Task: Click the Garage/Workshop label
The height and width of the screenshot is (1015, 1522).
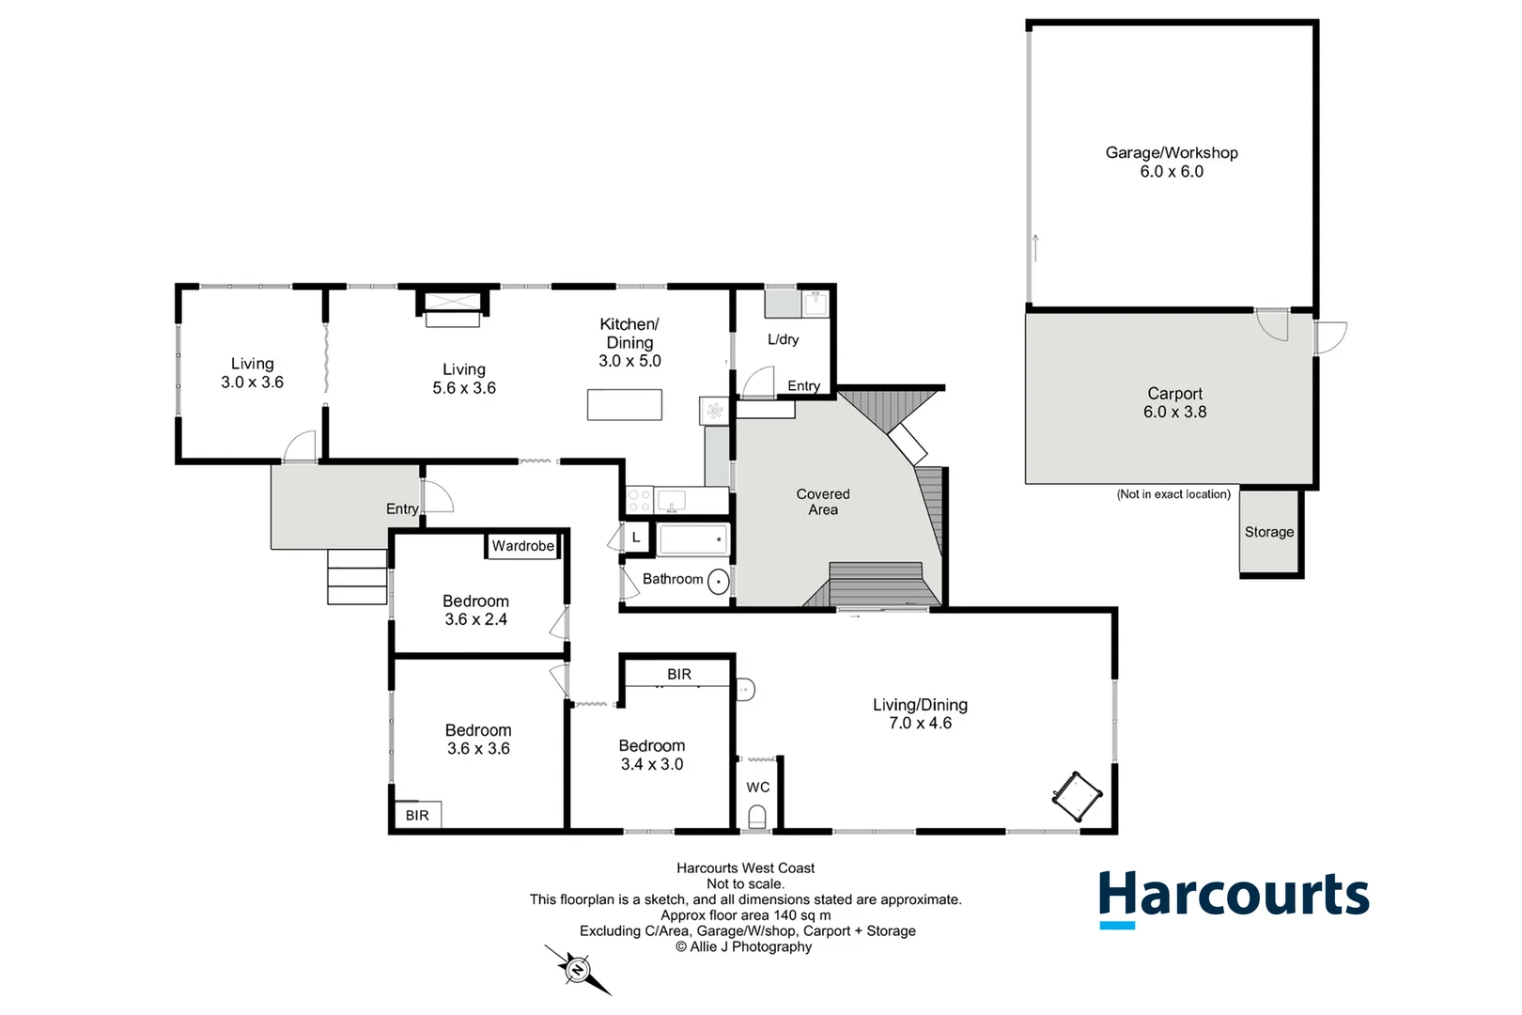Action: pos(1171,162)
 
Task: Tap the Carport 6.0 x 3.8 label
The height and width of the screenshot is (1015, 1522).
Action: pos(1174,402)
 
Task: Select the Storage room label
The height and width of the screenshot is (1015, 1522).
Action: pos(1268,532)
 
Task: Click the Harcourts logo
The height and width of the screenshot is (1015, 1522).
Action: pos(1234,896)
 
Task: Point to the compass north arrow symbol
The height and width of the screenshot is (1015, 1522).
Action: pos(577,968)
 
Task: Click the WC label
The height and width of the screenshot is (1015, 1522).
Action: pos(757,788)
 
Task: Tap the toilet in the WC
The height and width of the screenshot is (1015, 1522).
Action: pos(757,819)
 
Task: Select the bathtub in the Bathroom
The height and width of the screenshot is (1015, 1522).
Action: pos(692,540)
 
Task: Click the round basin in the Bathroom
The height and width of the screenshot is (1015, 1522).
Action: pos(718,582)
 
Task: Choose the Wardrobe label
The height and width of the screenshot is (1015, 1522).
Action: pos(522,546)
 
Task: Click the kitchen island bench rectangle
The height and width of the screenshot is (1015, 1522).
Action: pos(625,405)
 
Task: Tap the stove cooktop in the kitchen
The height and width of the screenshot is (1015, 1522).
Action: pos(639,500)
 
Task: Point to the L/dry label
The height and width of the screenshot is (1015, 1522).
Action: pos(783,339)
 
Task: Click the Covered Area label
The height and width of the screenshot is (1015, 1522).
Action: pos(823,502)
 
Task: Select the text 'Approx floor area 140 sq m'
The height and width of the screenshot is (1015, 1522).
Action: pos(745,915)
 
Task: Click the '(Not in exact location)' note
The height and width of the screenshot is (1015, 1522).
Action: pos(1173,494)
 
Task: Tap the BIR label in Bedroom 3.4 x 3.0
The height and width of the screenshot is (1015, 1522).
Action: pos(679,675)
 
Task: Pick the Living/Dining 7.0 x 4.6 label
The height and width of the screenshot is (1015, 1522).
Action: pos(920,713)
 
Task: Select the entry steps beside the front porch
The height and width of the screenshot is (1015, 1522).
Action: pos(357,576)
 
